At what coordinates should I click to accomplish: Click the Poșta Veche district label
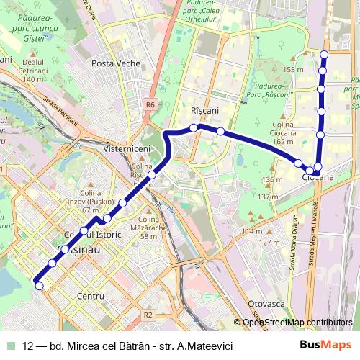coord(115,63)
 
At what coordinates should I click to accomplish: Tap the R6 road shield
coord(149,104)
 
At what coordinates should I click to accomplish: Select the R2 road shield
coord(148,315)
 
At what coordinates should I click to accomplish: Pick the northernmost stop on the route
coord(324,55)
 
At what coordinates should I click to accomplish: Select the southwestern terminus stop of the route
coord(39,286)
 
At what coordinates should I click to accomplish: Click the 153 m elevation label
coord(293,69)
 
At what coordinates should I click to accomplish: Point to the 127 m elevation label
coord(269,243)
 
